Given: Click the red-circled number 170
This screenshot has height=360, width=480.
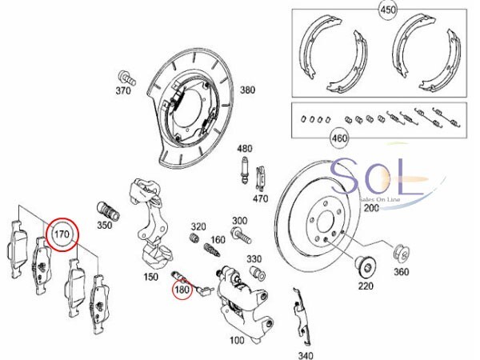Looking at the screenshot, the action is click(x=62, y=234).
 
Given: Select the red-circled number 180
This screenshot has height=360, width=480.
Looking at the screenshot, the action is click(x=182, y=290).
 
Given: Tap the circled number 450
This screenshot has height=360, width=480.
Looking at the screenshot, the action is click(x=388, y=10).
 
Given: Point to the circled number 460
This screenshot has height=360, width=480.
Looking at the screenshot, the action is click(x=339, y=138).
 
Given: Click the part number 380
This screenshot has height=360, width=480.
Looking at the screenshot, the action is click(x=247, y=90).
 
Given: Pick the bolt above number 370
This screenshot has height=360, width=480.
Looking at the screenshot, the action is click(x=126, y=78).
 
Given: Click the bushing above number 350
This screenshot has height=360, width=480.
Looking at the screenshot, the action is click(x=108, y=211).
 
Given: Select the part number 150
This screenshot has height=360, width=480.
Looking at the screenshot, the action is click(x=151, y=277).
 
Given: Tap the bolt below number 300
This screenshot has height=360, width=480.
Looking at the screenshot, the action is click(x=242, y=235).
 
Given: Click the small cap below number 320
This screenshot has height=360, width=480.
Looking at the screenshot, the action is click(x=194, y=238).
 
